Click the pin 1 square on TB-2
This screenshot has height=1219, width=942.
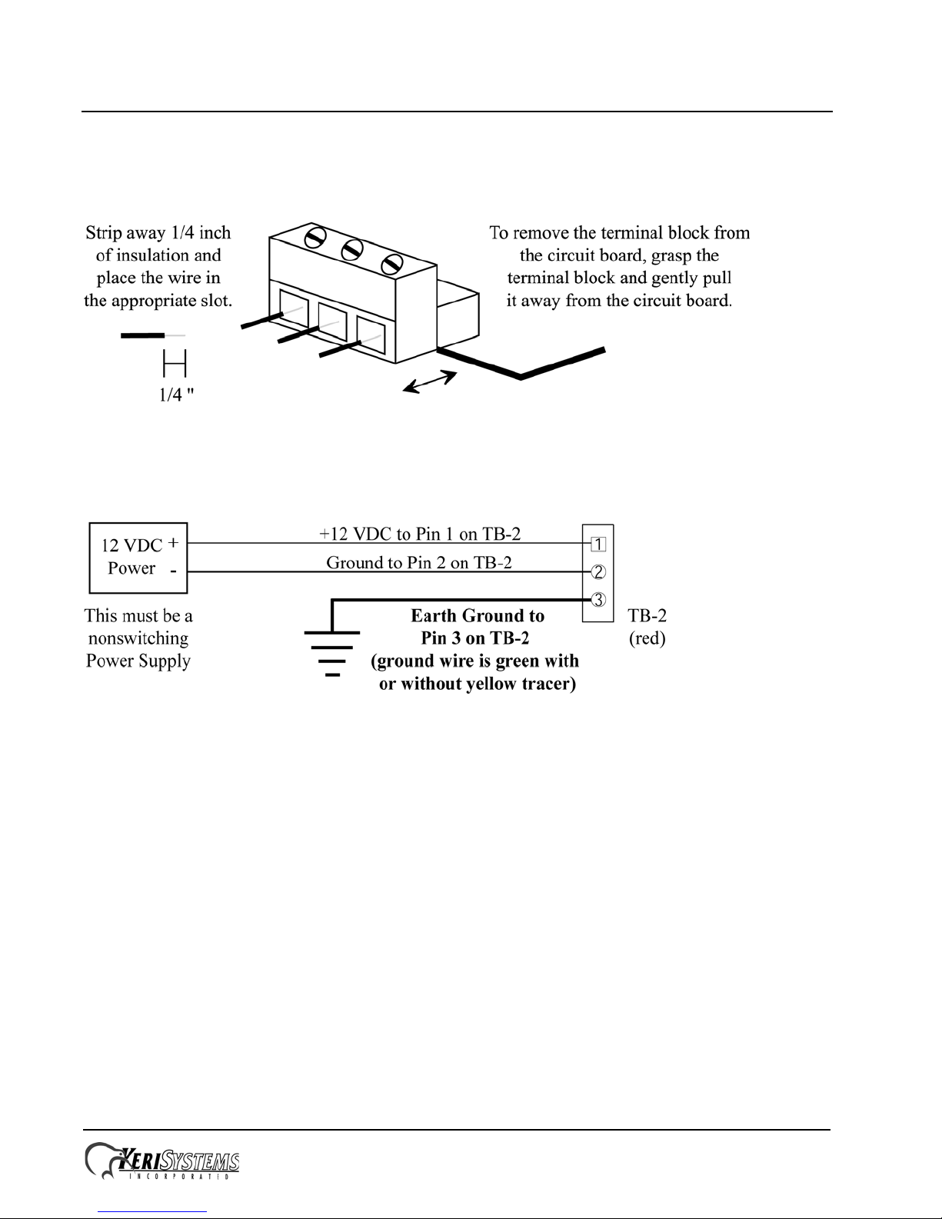point(598,545)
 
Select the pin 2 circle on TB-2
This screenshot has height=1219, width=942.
point(598,572)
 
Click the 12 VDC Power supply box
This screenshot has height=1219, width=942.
point(138,558)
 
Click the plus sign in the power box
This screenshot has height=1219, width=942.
point(174,543)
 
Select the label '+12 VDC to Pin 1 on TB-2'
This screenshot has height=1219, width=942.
point(419,533)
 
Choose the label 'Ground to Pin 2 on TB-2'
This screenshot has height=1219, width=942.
point(419,562)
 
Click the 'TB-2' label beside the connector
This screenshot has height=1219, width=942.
point(647,616)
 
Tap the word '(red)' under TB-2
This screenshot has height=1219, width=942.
point(647,638)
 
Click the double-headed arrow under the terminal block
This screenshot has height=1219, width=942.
point(431,382)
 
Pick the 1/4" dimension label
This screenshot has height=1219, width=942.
point(175,395)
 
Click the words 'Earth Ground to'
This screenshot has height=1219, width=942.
point(478,616)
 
